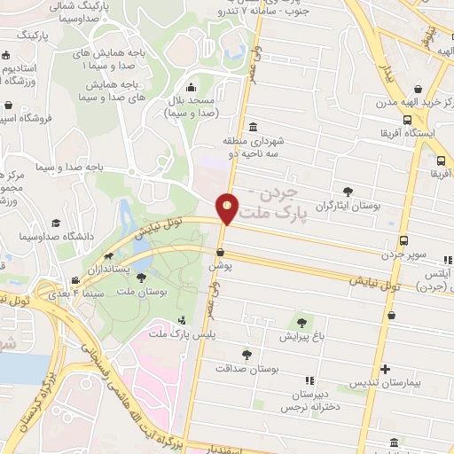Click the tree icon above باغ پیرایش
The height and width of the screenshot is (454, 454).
pyautogui.click(x=303, y=323)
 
